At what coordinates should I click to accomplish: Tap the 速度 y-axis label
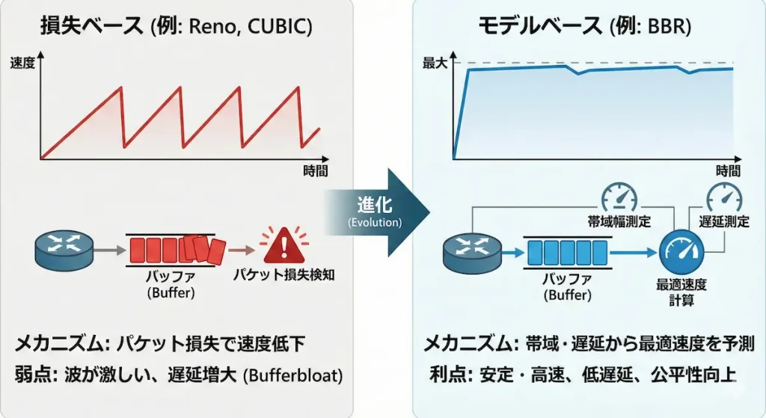23,63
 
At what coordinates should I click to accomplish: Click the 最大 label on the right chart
435,64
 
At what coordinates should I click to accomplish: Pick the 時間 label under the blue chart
728,171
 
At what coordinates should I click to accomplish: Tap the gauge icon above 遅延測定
725,198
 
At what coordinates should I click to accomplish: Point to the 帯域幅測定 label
619,222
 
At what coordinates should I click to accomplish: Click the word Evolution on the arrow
375,223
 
